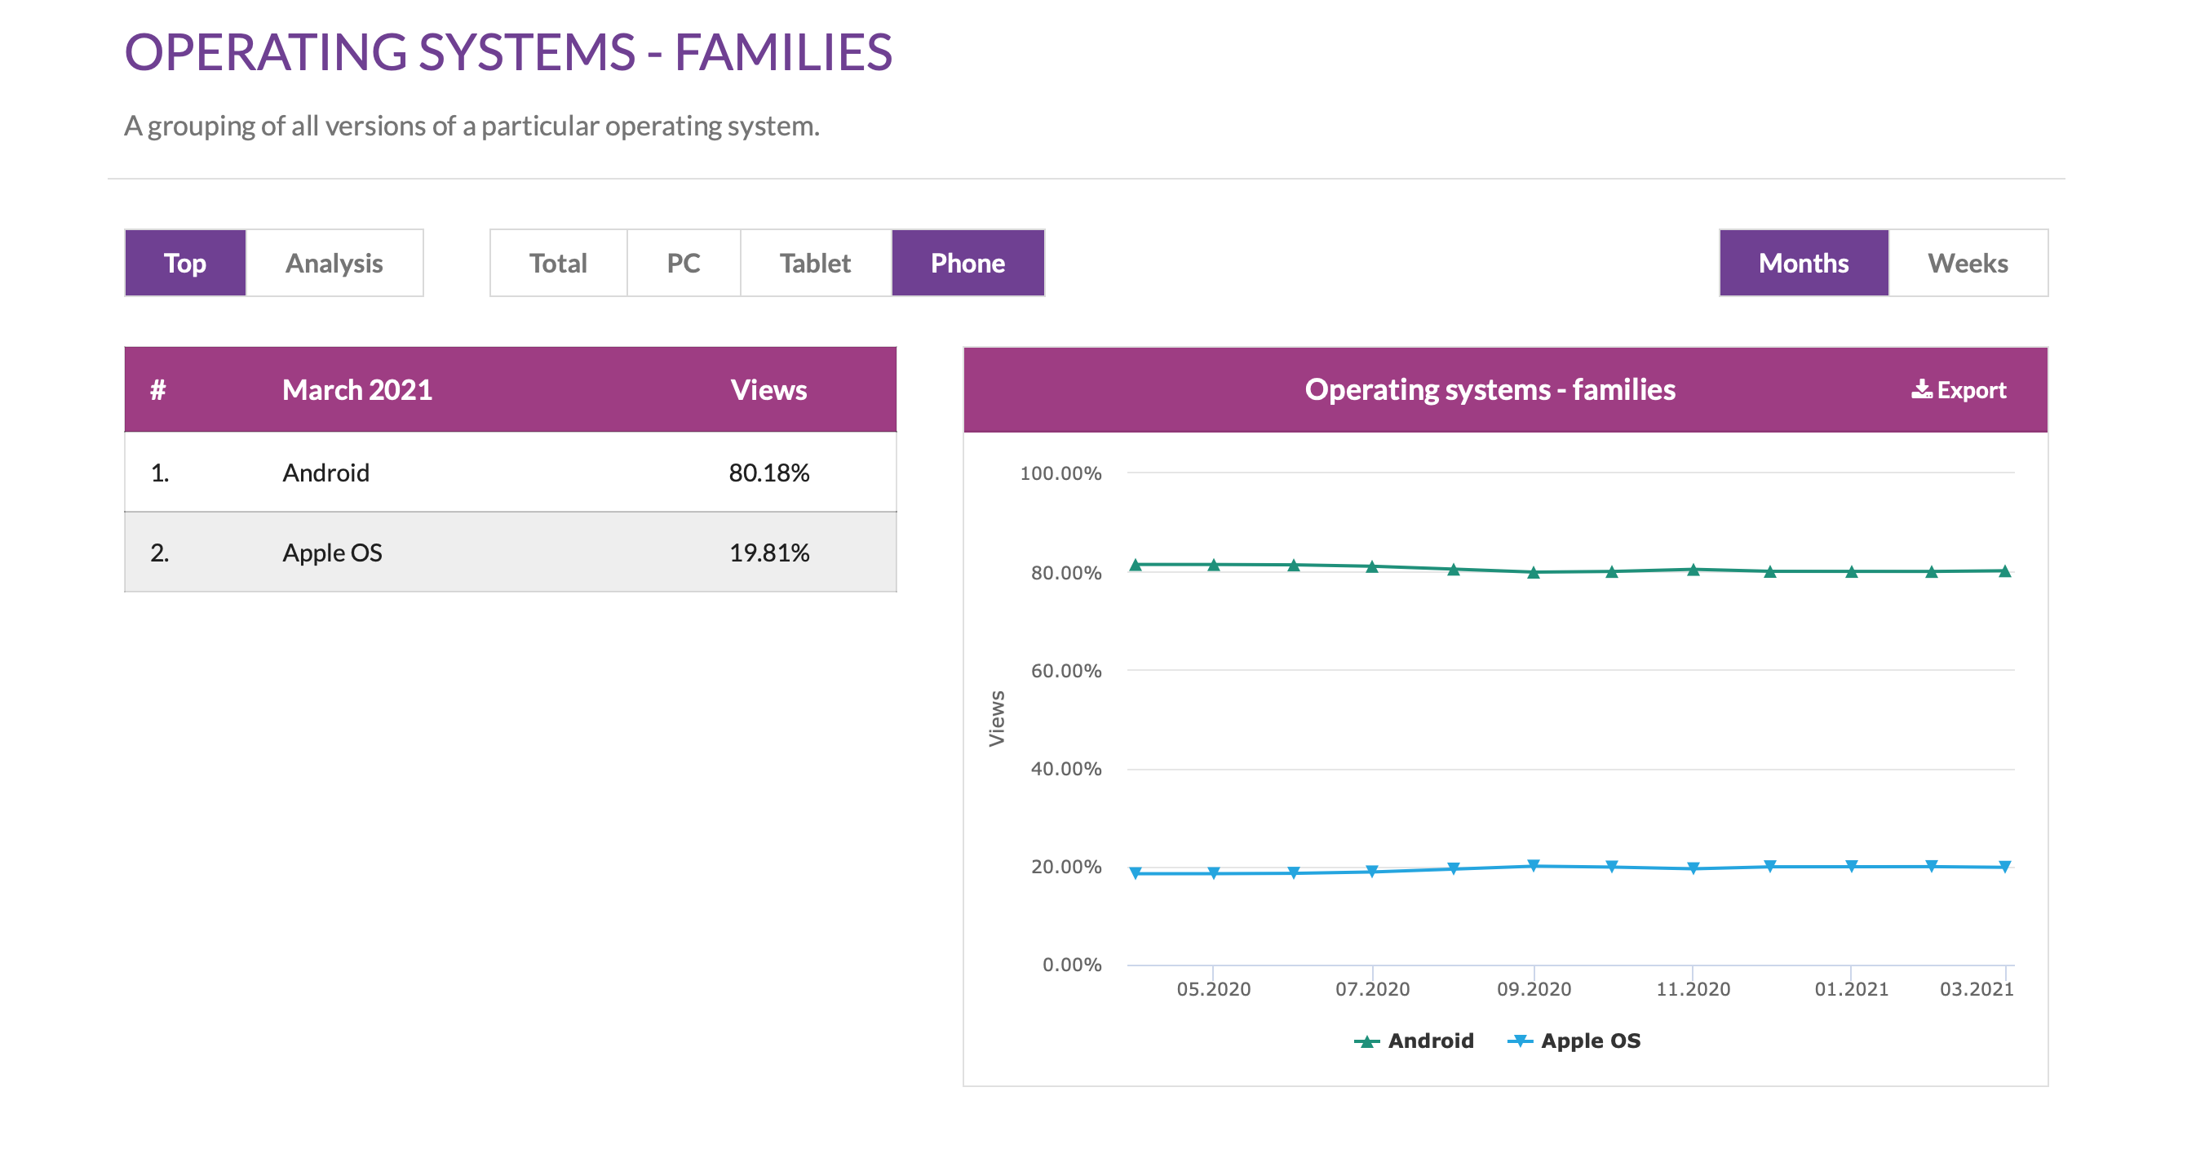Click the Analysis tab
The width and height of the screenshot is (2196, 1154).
point(334,263)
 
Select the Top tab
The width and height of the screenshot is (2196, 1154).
point(185,263)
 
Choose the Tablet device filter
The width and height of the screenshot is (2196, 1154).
point(815,263)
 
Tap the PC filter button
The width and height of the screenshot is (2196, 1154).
point(683,263)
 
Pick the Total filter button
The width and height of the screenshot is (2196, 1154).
point(557,263)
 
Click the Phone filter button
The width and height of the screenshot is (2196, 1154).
point(967,263)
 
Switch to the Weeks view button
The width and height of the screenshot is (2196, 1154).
point(1968,263)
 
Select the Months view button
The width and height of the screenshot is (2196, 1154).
point(1803,263)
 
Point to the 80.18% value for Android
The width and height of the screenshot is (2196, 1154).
point(769,473)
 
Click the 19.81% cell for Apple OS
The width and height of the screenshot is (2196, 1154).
point(769,553)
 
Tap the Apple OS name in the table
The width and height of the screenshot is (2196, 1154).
point(333,553)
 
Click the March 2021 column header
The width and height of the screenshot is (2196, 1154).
point(357,390)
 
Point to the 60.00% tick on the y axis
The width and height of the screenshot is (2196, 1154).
point(1065,671)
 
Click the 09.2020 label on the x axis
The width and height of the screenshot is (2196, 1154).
point(1534,988)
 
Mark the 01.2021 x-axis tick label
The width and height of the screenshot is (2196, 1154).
point(1851,988)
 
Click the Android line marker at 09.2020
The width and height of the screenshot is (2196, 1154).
point(1534,572)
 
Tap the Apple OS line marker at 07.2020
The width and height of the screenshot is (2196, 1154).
point(1372,872)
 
